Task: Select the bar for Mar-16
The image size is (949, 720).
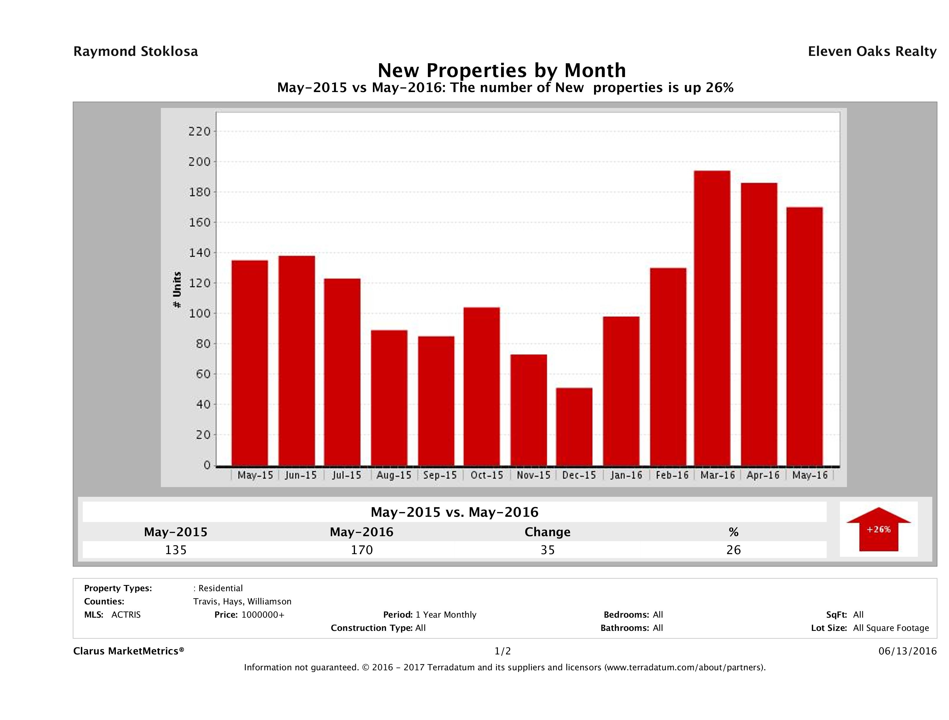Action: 712,318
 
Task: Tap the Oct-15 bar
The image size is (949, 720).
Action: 481,386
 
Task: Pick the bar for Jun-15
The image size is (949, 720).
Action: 296,360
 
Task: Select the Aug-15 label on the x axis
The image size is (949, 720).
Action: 393,475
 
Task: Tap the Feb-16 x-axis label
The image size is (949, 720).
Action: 672,475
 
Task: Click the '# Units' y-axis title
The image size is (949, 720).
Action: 177,290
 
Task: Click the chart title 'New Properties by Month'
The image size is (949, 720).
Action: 501,70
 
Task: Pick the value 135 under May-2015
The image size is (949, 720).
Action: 176,550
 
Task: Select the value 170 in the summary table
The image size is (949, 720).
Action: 362,550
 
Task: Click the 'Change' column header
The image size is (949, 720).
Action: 548,532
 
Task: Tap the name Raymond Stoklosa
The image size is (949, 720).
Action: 136,51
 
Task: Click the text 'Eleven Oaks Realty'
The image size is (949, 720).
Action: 872,51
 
